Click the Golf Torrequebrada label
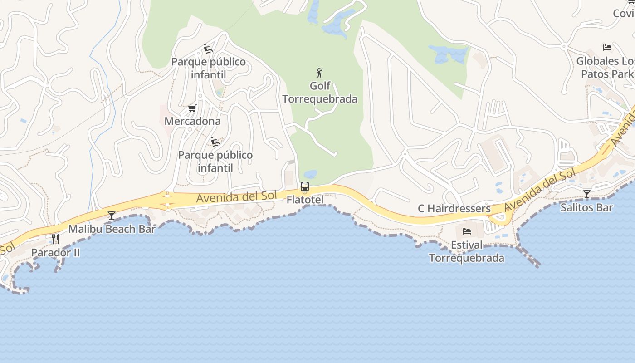320,92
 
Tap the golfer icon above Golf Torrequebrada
319,72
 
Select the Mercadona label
192,121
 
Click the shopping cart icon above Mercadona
192,108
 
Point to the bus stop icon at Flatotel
305,186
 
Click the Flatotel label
305,200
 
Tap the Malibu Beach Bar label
112,229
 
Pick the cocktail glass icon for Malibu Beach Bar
112,215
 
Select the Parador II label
55,252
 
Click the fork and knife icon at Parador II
55,239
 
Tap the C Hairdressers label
454,208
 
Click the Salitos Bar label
586,207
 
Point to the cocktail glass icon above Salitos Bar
587,194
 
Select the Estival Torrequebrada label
467,251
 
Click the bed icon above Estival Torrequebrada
467,231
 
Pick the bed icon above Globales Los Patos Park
607,47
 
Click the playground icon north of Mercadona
208,49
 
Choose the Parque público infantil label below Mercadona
215,161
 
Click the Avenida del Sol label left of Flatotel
236,197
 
